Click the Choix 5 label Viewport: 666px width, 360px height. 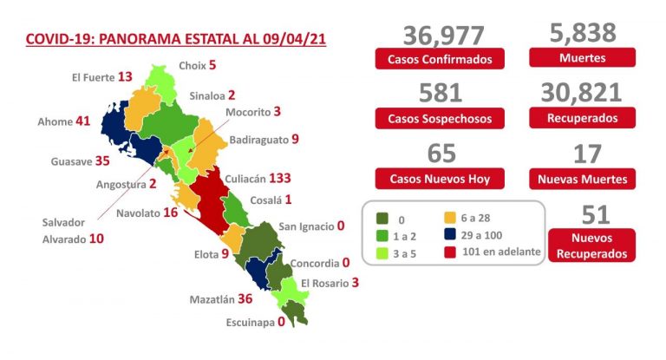pos(197,64)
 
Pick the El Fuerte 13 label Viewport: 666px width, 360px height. pos(101,77)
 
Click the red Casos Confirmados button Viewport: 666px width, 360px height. pos(439,60)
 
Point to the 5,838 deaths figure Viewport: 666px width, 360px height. pos(583,33)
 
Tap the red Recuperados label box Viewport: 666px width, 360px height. pos(583,118)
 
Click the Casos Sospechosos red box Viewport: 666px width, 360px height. pos(439,118)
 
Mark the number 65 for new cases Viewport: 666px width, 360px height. pos(439,154)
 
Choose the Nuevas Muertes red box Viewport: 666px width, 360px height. pos(583,179)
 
